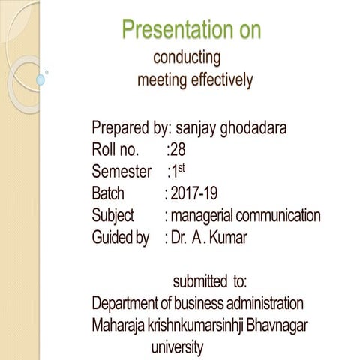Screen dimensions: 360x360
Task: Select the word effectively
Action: pos(218,80)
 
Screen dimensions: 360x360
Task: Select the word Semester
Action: pos(121,172)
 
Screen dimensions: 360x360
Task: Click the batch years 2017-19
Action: pos(193,194)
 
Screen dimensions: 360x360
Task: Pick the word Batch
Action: pos(108,194)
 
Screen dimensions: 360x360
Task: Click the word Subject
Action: pos(112,217)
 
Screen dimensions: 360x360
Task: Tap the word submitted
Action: pos(201,282)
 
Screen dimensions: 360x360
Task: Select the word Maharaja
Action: pos(117,327)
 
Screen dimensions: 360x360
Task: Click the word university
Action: pos(177,348)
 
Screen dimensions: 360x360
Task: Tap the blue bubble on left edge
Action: pos(41,78)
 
